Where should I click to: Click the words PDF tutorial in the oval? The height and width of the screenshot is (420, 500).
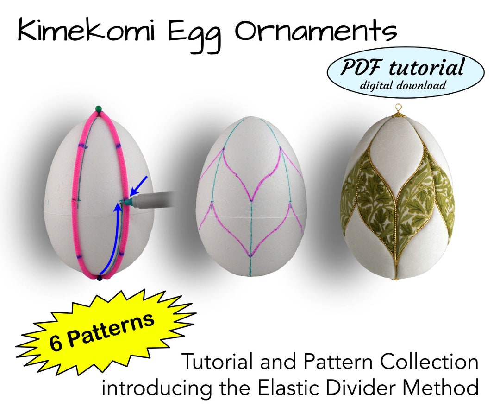pos(402,68)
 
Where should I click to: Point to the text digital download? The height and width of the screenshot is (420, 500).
pos(403,85)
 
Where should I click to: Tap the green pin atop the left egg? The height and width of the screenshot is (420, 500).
pos(98,109)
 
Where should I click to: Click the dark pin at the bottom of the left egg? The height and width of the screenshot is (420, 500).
pos(99,278)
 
